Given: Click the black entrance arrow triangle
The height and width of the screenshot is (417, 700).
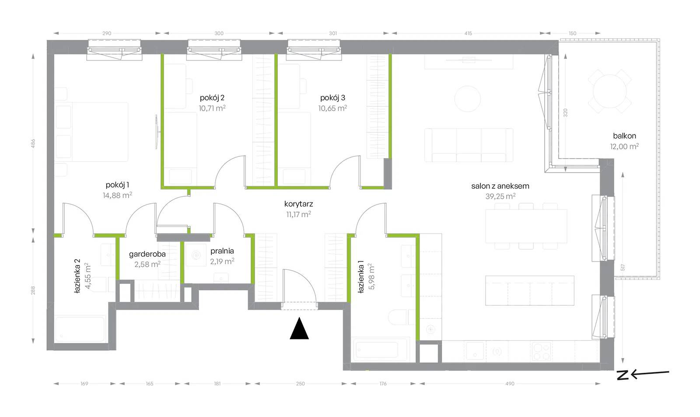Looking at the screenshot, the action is [x=299, y=329].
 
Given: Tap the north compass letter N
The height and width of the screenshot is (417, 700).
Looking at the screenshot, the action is [x=623, y=375].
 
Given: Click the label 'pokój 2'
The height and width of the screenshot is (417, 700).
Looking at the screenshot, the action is [x=212, y=98].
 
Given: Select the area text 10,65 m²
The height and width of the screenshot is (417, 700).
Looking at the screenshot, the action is [x=332, y=108].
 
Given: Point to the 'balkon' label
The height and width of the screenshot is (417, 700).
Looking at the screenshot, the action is [x=624, y=136].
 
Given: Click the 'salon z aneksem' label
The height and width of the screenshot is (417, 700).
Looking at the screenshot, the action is [x=500, y=186].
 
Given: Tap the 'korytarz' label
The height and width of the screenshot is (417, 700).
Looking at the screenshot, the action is [x=298, y=204].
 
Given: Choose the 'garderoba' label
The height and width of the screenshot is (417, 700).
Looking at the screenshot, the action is [x=147, y=254].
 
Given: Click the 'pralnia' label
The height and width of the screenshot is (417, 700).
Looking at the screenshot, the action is [x=222, y=251].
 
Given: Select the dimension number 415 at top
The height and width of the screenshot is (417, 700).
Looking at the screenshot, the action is [x=468, y=33].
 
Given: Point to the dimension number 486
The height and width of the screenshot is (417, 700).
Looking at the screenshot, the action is [x=33, y=144].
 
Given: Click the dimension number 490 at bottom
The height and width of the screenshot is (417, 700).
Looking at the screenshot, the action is [x=510, y=384].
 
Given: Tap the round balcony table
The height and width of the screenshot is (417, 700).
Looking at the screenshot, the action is [x=609, y=92].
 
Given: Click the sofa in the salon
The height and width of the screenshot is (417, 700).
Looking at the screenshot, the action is [x=469, y=145].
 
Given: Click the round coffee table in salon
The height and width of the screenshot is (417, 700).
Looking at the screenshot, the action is [x=467, y=99].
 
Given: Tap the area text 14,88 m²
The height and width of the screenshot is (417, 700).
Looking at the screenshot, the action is [x=117, y=195].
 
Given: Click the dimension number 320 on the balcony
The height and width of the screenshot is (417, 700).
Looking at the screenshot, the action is [x=565, y=113].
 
